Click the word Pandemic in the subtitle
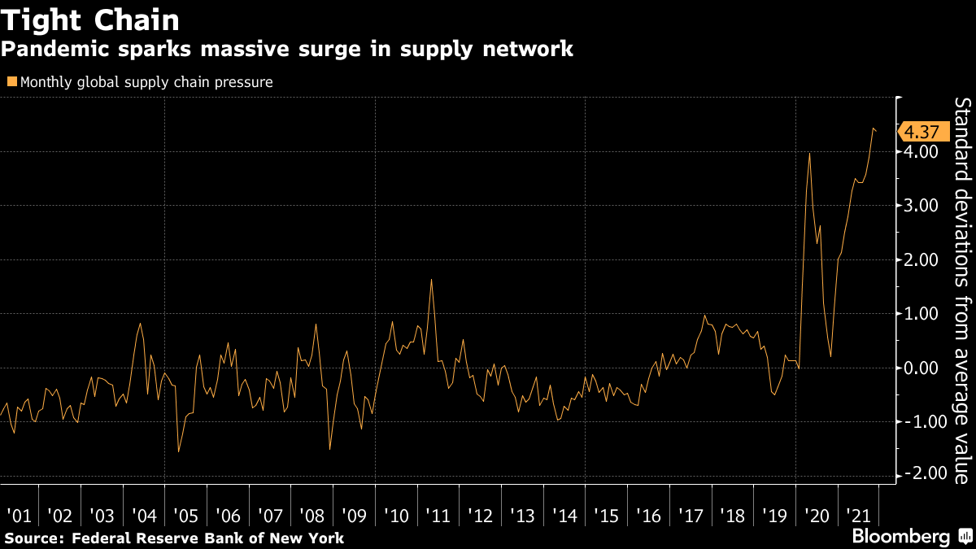(49, 50)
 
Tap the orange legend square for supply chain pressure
(11, 81)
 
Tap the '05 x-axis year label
(185, 516)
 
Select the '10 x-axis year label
(396, 516)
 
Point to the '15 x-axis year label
(607, 516)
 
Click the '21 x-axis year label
(859, 516)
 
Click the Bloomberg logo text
(900, 537)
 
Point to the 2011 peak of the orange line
(431, 280)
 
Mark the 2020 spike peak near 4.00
(809, 154)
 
